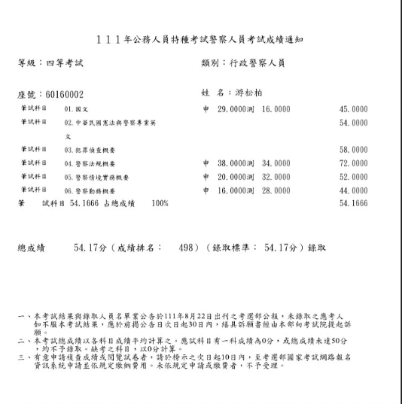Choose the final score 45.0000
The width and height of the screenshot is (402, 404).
click(x=353, y=110)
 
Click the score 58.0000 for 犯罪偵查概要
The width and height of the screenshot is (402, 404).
click(x=353, y=150)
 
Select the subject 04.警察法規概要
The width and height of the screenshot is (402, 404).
click(x=90, y=163)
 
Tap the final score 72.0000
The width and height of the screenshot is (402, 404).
click(x=353, y=163)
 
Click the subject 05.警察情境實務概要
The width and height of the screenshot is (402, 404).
click(x=96, y=177)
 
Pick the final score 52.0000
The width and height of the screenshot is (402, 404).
click(x=353, y=177)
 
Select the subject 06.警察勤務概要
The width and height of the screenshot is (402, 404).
click(x=90, y=190)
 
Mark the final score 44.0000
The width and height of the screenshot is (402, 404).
click(x=353, y=190)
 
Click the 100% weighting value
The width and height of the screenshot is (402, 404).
click(x=160, y=204)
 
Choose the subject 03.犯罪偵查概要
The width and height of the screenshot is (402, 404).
click(x=90, y=150)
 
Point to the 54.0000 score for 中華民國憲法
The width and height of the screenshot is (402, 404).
click(x=353, y=123)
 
